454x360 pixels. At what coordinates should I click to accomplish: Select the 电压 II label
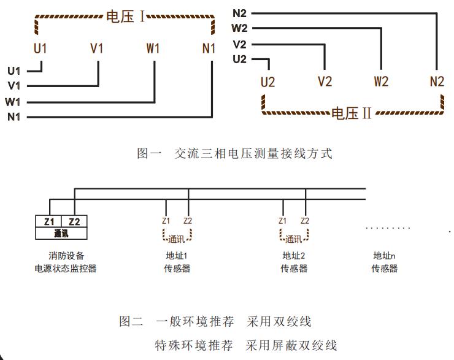click(x=351, y=113)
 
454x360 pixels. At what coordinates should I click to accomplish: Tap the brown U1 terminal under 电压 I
click(x=40, y=48)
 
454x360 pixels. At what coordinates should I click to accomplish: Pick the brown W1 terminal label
click(x=153, y=48)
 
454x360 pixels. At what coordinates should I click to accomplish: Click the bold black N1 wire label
click(x=14, y=117)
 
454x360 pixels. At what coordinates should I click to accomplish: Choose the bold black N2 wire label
click(x=239, y=12)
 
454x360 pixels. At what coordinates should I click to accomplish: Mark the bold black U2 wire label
click(x=239, y=59)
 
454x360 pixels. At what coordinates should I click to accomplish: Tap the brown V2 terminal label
click(x=325, y=81)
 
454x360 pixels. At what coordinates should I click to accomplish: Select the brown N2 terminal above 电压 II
click(x=436, y=81)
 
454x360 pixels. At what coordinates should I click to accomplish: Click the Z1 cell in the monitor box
click(x=49, y=221)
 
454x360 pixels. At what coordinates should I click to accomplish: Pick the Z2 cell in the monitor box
click(x=74, y=221)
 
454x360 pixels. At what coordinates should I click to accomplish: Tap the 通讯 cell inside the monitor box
click(x=61, y=234)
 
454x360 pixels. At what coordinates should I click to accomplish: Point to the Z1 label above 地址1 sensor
click(x=166, y=221)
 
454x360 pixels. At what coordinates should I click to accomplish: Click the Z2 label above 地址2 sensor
click(x=305, y=221)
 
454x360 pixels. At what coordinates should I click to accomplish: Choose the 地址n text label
click(x=385, y=256)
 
